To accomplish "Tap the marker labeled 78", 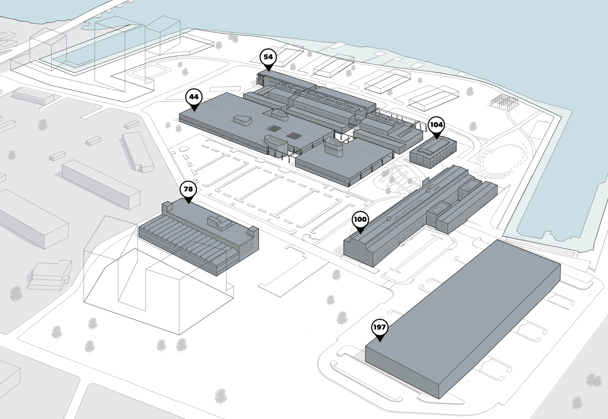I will [188, 189].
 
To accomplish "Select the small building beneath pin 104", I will [432, 152].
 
